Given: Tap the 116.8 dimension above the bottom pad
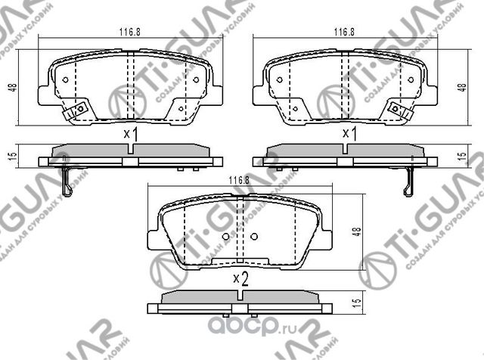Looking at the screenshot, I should (x=238, y=179).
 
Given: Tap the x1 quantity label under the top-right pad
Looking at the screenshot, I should (x=349, y=134).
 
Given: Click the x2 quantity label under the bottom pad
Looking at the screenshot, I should (x=240, y=278).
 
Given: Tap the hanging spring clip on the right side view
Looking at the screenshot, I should (x=411, y=178).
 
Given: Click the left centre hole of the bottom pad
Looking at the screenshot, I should (x=225, y=237).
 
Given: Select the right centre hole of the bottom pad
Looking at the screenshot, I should (x=253, y=237).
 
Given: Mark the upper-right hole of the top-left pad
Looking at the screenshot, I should (x=196, y=79).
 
